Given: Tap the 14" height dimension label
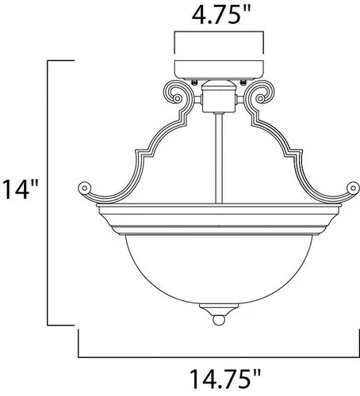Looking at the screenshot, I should [21, 190].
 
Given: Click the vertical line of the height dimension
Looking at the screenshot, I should [50, 190].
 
